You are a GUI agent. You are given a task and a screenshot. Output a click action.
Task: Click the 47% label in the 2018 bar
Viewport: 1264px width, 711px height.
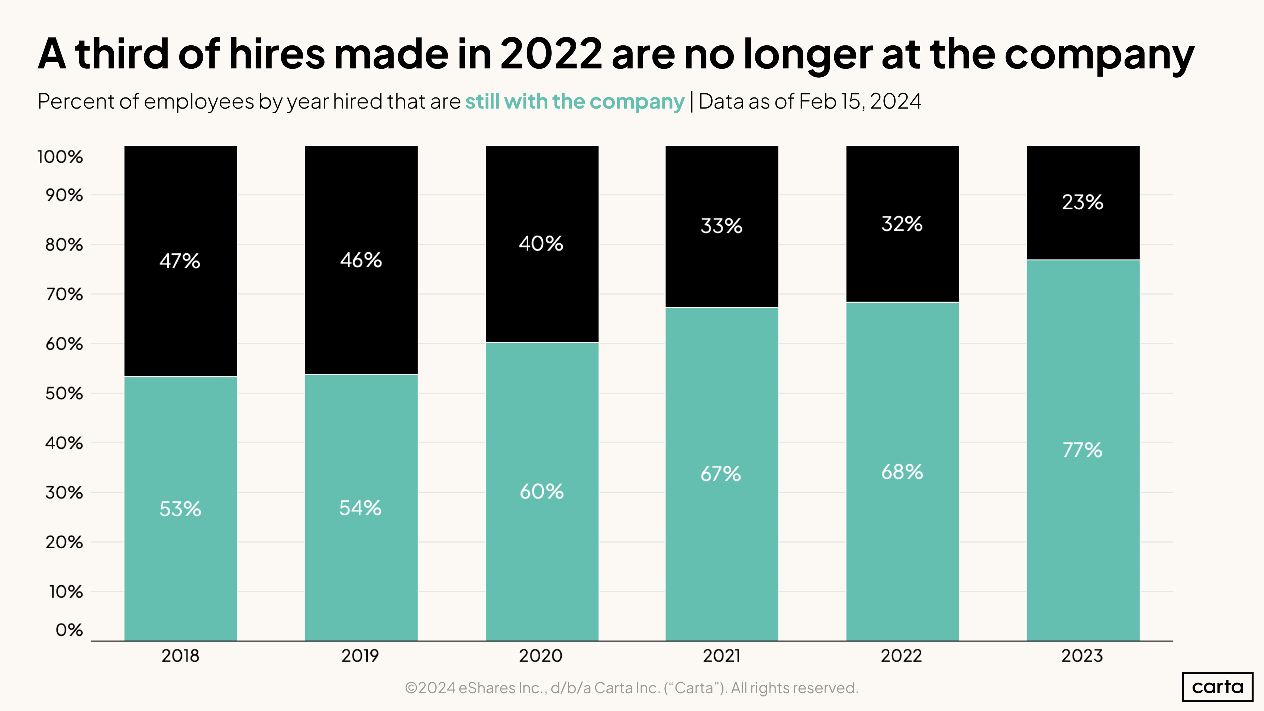[x=180, y=261]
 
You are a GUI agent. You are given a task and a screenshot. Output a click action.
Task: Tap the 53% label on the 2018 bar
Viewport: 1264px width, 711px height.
[x=180, y=509]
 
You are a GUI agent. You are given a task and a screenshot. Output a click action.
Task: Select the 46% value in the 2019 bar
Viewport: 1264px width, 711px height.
[x=361, y=260]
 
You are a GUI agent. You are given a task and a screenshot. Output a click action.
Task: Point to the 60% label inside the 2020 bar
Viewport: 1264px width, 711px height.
[x=542, y=492]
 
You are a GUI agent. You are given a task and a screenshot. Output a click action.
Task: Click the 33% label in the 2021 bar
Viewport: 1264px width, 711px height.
[x=721, y=226]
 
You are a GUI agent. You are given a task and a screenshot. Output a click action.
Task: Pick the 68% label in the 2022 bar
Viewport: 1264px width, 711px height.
[x=902, y=472]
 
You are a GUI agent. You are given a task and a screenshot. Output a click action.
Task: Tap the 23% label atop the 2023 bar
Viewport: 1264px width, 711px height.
[x=1083, y=202]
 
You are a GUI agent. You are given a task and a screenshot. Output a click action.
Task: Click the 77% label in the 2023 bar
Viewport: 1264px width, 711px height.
[x=1083, y=450]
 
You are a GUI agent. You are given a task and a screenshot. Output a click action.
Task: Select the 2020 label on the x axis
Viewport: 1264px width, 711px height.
[x=541, y=656]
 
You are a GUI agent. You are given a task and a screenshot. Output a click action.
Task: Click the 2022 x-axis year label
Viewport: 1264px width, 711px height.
[x=902, y=656]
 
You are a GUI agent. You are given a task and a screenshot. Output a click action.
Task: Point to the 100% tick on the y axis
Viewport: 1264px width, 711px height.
[x=60, y=157]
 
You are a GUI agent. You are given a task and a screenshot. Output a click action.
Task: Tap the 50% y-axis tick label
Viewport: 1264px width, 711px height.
[x=64, y=393]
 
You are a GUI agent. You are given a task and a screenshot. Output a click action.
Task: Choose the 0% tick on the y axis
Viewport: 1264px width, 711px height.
[x=69, y=630]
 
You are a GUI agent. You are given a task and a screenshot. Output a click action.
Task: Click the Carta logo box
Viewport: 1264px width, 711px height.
[x=1218, y=686]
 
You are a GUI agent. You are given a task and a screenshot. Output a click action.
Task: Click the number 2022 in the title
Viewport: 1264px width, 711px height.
[x=551, y=54]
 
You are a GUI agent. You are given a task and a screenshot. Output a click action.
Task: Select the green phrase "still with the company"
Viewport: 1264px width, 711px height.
[x=575, y=102]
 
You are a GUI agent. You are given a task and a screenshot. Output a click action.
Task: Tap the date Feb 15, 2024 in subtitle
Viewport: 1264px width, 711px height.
[x=859, y=102]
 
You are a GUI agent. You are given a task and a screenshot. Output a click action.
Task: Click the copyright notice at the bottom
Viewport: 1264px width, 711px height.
[x=632, y=688]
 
